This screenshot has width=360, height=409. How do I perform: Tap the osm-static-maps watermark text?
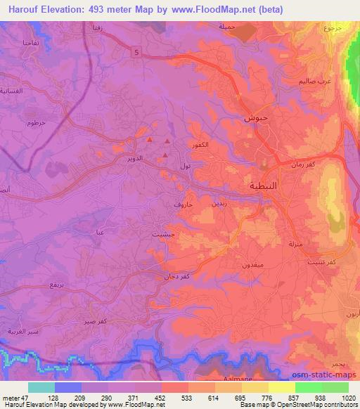[x=326, y=375]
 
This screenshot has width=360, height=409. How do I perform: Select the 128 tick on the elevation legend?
[x=54, y=397]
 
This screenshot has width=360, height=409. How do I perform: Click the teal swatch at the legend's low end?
[x=41, y=387]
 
